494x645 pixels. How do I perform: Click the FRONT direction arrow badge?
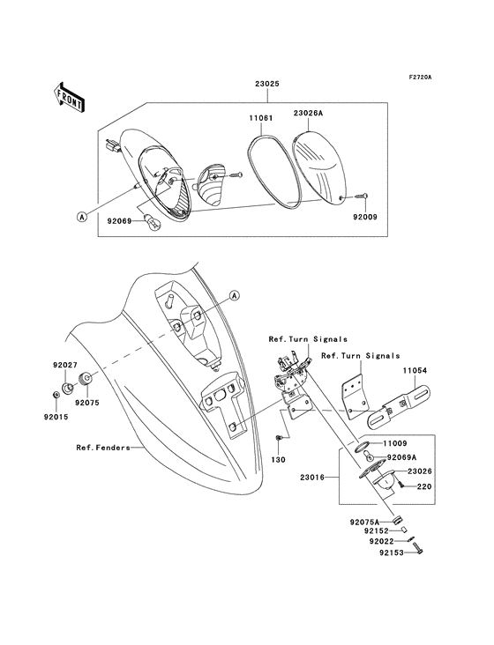(69, 97)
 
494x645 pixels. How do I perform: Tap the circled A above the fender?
(235, 294)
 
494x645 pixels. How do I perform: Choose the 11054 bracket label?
(416, 371)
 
